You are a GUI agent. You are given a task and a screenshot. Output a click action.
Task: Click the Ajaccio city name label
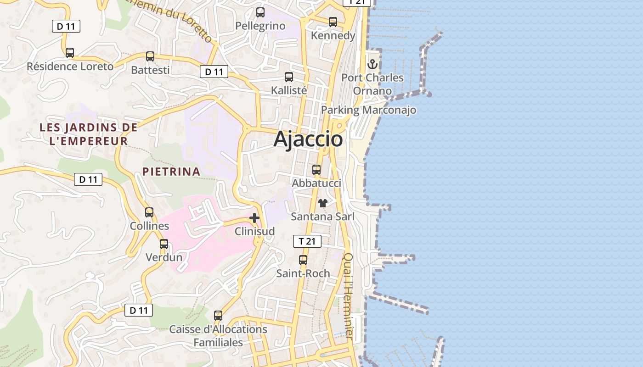tap(308, 139)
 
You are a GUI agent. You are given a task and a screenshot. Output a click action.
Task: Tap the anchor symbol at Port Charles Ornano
tap(372, 64)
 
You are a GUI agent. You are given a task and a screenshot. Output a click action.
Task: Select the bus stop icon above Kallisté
tap(289, 77)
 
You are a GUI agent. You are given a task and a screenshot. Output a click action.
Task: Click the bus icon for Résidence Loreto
tap(70, 53)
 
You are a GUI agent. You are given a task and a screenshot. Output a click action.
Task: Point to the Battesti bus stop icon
tap(150, 56)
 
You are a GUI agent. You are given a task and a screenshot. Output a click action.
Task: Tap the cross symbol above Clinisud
tap(254, 218)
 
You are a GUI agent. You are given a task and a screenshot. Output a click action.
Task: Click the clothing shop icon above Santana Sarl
tap(323, 203)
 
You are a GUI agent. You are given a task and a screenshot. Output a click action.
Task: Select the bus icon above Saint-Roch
tap(303, 260)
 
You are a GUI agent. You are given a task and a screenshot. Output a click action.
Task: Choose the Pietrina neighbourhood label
tap(171, 172)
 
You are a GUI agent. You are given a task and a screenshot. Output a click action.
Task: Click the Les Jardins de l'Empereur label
tap(88, 134)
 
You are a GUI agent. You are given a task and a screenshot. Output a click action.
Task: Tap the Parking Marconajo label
tap(368, 110)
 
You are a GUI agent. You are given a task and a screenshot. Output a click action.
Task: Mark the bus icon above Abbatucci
tap(316, 170)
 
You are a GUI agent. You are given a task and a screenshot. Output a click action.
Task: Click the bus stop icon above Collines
tap(149, 212)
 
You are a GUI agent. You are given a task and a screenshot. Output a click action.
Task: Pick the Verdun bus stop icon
tap(164, 244)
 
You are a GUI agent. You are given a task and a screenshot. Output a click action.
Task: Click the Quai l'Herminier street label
tap(349, 296)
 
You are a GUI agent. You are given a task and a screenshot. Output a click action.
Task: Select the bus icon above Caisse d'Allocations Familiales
tap(218, 316)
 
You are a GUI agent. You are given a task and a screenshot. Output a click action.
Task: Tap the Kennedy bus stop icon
tap(333, 22)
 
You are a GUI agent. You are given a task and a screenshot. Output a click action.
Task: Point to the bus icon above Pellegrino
tap(260, 12)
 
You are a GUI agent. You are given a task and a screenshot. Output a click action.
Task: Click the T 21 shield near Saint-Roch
tap(307, 241)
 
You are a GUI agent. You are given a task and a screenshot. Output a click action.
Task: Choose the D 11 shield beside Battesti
tap(214, 72)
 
